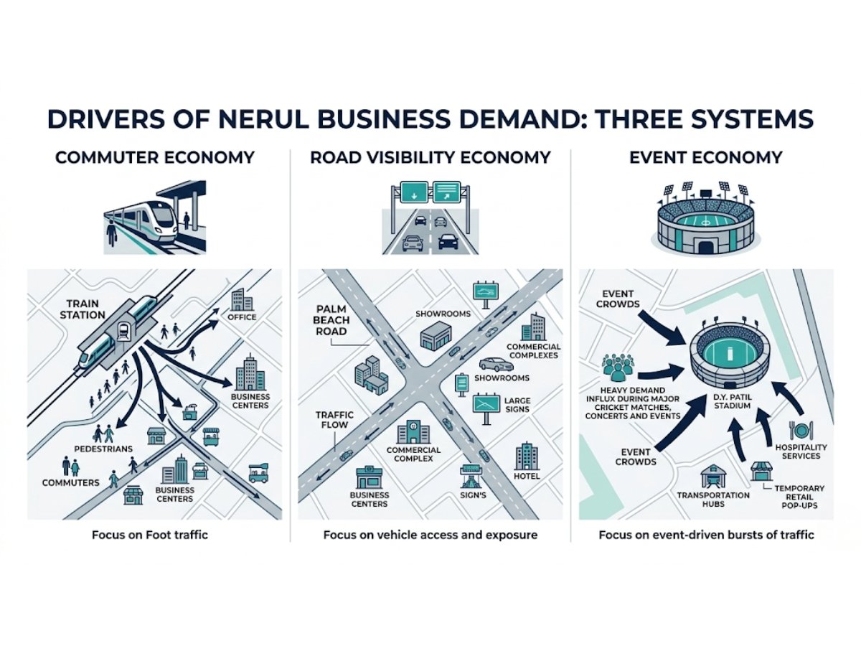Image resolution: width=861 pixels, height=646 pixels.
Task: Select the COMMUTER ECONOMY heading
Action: click(x=155, y=157)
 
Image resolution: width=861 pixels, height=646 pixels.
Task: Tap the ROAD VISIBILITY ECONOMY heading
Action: click(x=430, y=157)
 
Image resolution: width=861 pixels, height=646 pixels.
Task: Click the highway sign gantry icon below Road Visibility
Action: click(x=430, y=218)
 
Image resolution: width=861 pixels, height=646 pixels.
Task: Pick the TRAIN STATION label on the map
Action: click(x=85, y=309)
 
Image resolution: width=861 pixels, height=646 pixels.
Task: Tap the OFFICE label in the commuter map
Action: click(x=242, y=317)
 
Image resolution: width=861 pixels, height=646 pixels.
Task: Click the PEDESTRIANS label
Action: click(x=103, y=449)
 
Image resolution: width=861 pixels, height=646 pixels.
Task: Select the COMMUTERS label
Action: click(x=70, y=482)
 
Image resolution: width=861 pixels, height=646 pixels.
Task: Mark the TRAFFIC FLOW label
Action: click(x=331, y=420)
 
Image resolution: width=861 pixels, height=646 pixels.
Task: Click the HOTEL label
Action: click(x=527, y=476)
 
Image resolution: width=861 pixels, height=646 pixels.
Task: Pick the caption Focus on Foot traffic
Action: click(x=149, y=535)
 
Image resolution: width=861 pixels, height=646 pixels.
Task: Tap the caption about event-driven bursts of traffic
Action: click(x=706, y=535)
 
